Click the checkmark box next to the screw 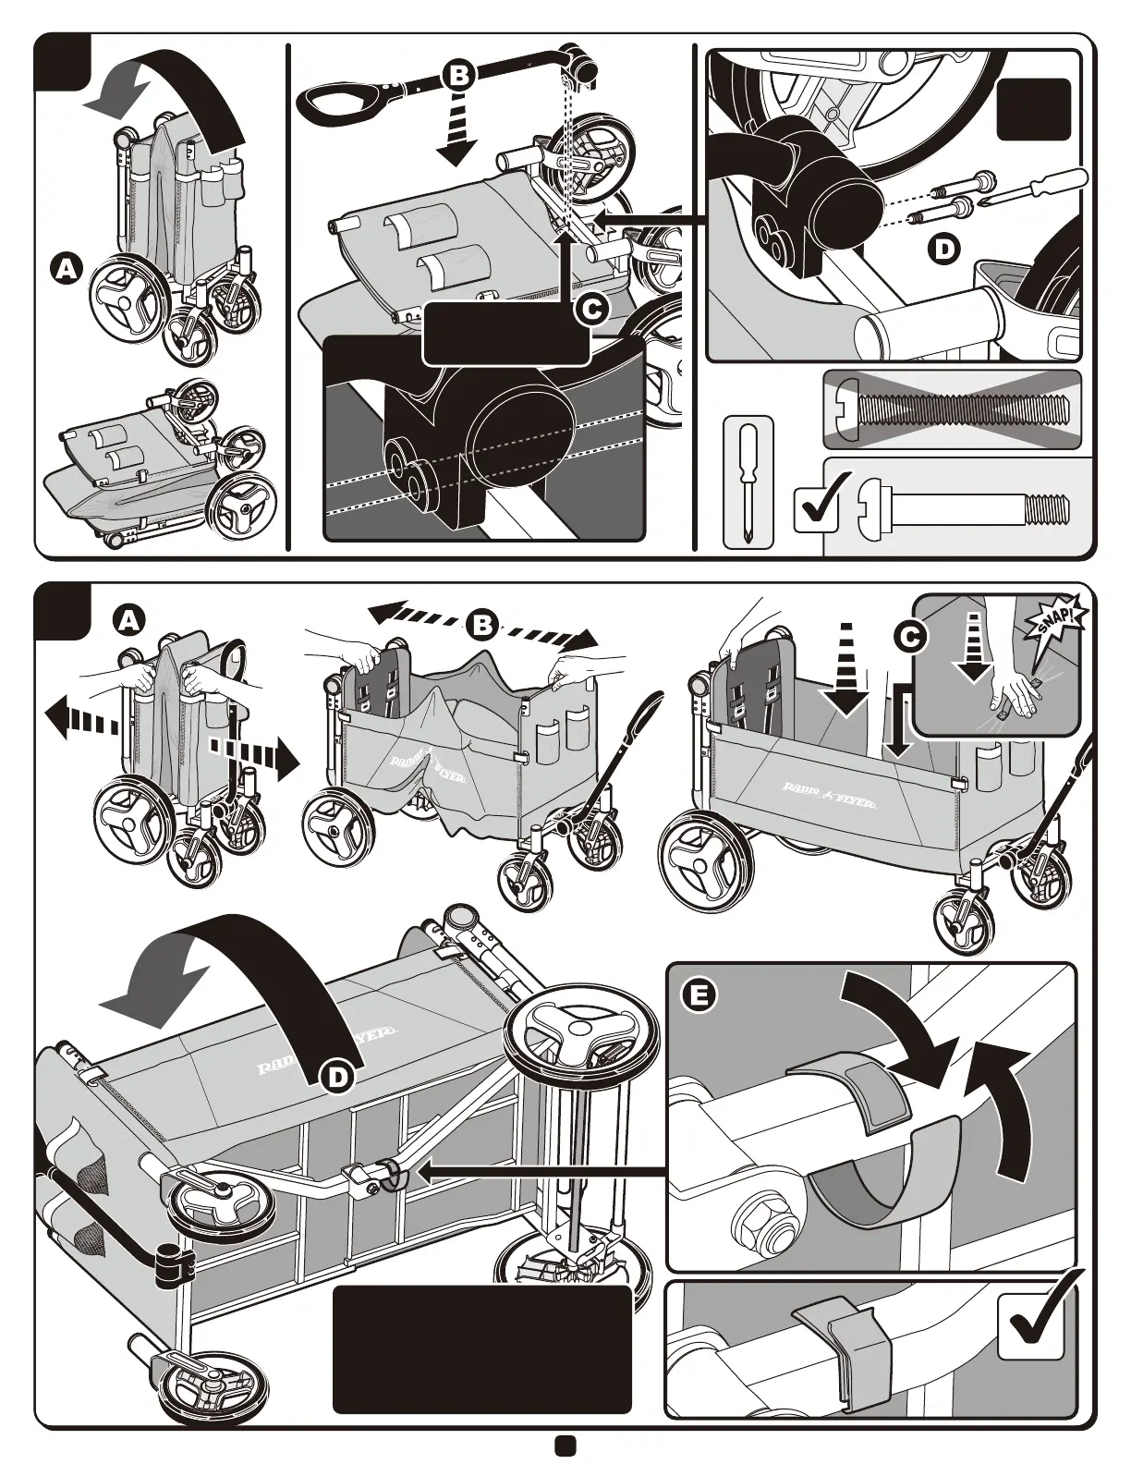(817, 505)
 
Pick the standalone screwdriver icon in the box (748, 483)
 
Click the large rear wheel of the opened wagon (707, 862)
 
